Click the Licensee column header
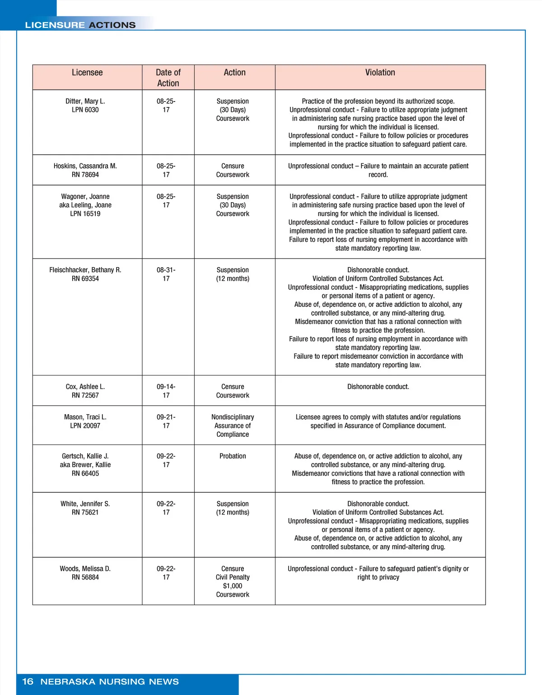pyautogui.click(x=87, y=73)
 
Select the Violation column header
pyautogui.click(x=380, y=73)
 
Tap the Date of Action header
pyautogui.click(x=168, y=78)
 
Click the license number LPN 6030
pyautogui.click(x=85, y=110)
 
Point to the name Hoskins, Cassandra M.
pyautogui.click(x=85, y=166)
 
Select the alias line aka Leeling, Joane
pyautogui.click(x=85, y=205)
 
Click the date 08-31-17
pyautogui.click(x=166, y=274)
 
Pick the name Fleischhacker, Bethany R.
pyautogui.click(x=85, y=270)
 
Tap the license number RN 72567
pyautogui.click(x=85, y=395)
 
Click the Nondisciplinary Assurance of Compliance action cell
pyautogui.click(x=233, y=426)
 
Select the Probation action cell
pyautogui.click(x=233, y=456)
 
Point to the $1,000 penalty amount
pyautogui.click(x=233, y=586)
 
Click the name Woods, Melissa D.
pyautogui.click(x=85, y=569)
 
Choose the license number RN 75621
pyautogui.click(x=85, y=512)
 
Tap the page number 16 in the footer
pyautogui.click(x=28, y=681)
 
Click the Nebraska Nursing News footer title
pyautogui.click(x=110, y=681)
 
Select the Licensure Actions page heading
pyautogui.click(x=80, y=25)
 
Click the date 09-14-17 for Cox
pyautogui.click(x=166, y=391)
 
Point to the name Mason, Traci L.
pyautogui.click(x=85, y=417)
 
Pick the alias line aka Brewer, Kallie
pyautogui.click(x=85, y=465)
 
